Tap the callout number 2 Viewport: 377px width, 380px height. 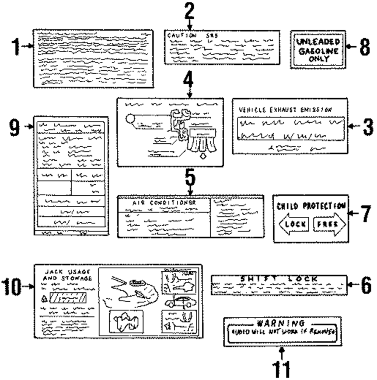click(x=190, y=11)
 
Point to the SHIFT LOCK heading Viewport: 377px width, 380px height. click(x=279, y=279)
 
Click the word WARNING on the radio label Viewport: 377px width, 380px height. click(x=280, y=323)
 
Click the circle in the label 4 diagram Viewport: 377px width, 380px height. click(x=130, y=120)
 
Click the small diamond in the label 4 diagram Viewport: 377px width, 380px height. click(x=204, y=157)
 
